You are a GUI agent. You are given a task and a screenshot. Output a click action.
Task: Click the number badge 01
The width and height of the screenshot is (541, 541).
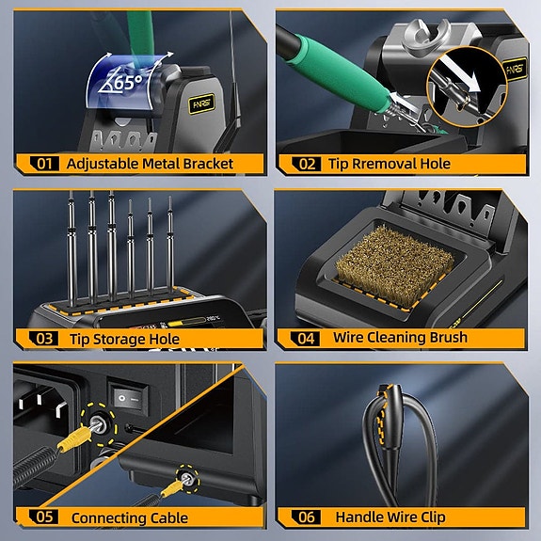click(x=43, y=164)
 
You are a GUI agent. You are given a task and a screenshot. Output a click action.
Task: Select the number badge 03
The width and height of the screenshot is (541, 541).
click(x=43, y=339)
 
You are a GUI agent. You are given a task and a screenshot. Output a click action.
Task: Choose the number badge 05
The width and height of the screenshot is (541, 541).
click(x=43, y=517)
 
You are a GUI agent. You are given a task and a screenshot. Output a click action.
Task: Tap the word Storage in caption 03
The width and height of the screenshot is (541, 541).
click(x=127, y=339)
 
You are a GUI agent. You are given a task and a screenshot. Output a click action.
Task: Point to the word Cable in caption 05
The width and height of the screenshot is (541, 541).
click(x=168, y=517)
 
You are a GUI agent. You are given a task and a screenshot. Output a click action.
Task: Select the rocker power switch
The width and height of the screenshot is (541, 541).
click(x=128, y=398)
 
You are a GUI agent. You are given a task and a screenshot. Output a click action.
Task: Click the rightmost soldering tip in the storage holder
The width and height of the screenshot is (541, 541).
click(x=170, y=249)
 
